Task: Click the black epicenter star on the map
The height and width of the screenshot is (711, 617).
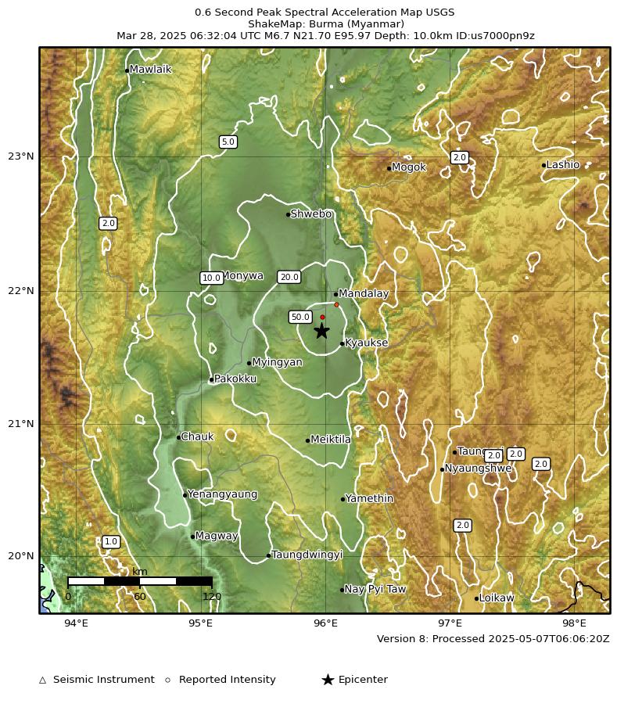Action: point(321,331)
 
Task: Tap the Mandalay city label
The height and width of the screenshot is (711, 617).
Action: point(364,294)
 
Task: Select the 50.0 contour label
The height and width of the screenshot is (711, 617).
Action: point(300,317)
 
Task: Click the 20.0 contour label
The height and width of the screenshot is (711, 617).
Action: point(289,277)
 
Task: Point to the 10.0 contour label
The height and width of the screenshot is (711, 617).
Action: point(211,278)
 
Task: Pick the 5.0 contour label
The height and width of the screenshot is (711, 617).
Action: point(228,142)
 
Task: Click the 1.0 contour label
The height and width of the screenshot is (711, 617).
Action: point(111,541)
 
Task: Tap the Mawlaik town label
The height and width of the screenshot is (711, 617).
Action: point(150,70)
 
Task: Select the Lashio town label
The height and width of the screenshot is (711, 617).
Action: point(563,165)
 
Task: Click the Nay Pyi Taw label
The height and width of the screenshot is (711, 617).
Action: point(375,589)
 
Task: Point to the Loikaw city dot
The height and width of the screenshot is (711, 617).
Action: point(476,598)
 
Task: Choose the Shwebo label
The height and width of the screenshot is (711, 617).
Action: point(311,214)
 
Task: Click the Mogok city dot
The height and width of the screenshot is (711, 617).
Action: point(389,168)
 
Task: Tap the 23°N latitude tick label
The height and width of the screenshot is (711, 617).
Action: point(20,156)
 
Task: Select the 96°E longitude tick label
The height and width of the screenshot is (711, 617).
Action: point(325,623)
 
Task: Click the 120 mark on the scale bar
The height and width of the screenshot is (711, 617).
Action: point(212,597)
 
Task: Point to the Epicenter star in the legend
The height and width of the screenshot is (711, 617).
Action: point(328,680)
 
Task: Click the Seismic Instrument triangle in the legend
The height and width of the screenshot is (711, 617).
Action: point(43,680)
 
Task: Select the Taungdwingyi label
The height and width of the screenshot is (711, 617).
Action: point(307,555)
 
